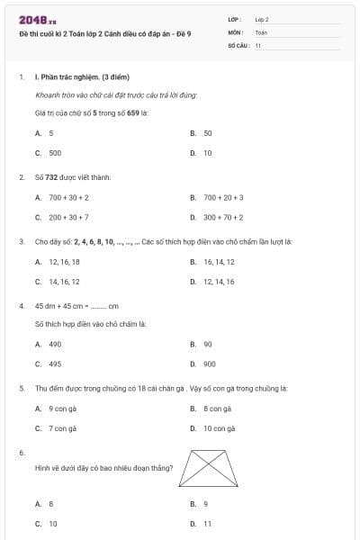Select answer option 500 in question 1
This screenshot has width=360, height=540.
(55, 153)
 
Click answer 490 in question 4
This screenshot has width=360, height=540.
(55, 344)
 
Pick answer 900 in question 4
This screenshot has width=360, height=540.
(209, 364)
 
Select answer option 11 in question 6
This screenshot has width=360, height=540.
(208, 523)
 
